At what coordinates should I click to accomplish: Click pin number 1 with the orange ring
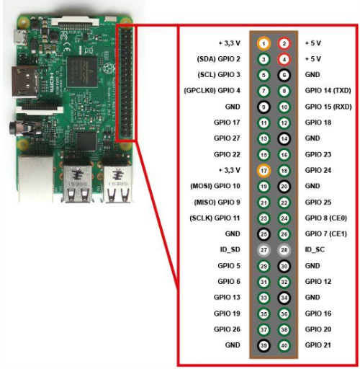coord(264,43)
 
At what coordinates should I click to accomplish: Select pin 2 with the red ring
coord(284,43)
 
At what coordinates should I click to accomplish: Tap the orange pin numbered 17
coord(264,171)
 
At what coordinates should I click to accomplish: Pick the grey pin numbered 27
coord(264,250)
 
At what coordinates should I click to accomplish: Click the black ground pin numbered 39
coord(264,345)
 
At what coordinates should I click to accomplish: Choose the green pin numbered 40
coord(284,345)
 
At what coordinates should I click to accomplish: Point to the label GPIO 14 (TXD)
coord(328,91)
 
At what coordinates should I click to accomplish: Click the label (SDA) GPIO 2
coord(218,59)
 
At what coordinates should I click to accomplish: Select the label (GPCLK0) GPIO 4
coord(212,91)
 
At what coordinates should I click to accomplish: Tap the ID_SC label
coord(315,250)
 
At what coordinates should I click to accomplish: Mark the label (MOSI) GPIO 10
coord(215,186)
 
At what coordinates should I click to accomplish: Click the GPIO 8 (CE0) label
coord(326,218)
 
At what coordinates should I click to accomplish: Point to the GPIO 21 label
coord(318,345)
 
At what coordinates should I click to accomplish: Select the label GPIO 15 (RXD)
coord(328,107)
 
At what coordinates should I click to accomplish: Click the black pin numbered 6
coord(284,75)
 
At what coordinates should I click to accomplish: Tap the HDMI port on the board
coord(24,81)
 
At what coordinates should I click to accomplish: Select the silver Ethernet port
coord(36,179)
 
